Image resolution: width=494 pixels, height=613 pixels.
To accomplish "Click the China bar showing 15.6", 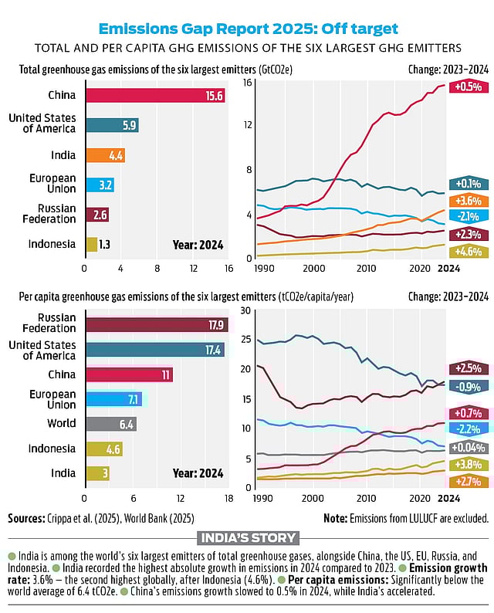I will (154, 96).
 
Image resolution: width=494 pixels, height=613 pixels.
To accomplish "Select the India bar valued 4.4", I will (104, 155).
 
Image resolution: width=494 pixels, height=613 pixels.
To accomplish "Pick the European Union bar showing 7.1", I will (113, 399).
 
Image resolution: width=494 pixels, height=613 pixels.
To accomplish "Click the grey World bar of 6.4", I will (111, 424).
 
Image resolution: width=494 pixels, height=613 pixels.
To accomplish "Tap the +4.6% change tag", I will (469, 251).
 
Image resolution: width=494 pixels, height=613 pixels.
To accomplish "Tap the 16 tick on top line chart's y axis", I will (249, 82).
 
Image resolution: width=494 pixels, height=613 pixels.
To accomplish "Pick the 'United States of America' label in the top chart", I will (42, 123).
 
